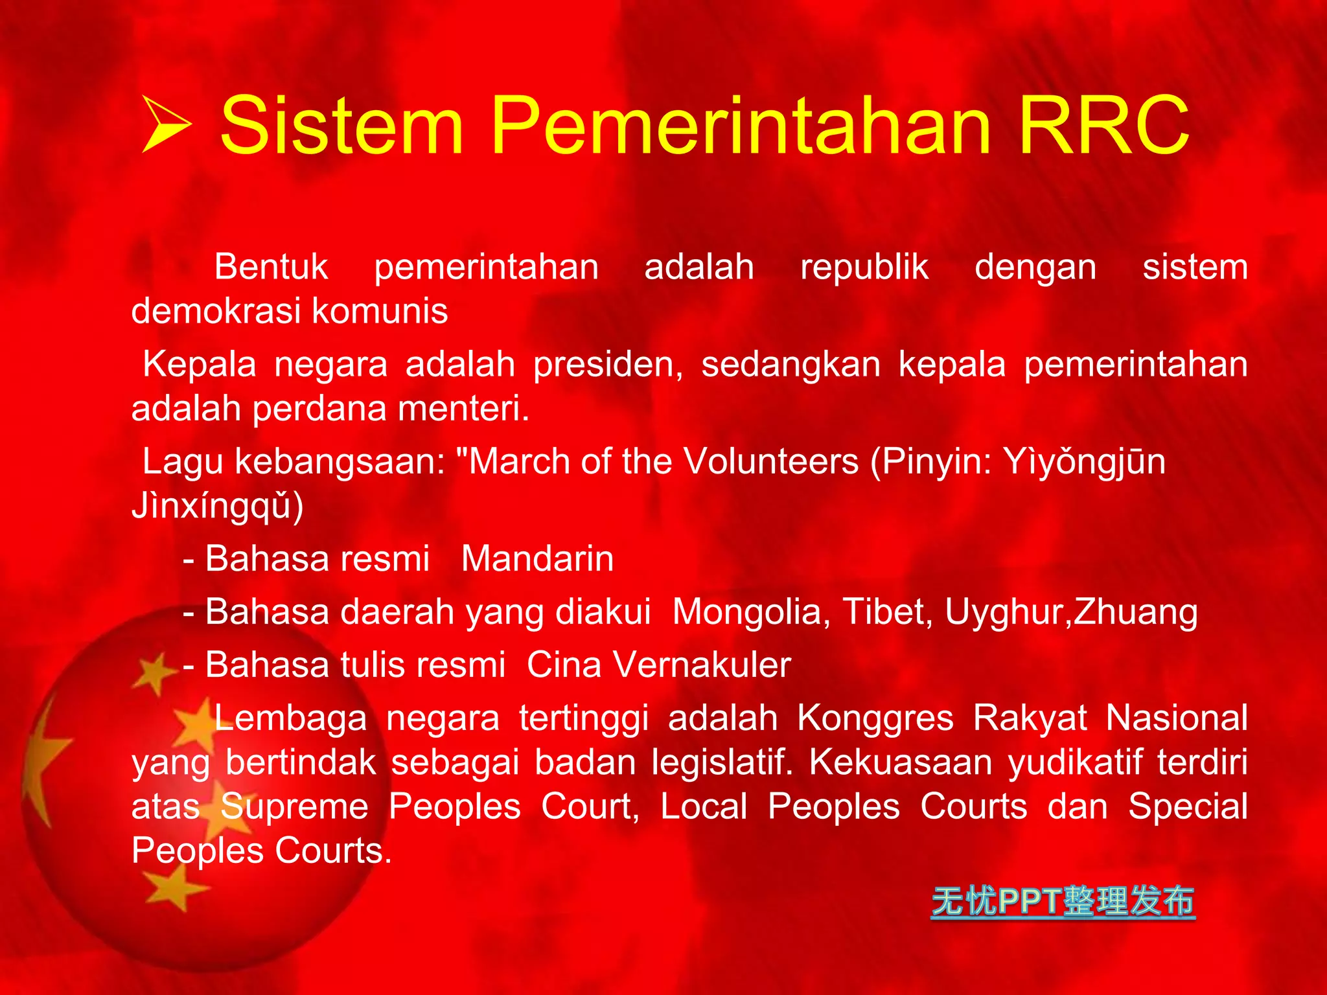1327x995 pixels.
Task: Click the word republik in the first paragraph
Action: click(x=864, y=268)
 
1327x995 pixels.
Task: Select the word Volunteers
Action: click(x=770, y=462)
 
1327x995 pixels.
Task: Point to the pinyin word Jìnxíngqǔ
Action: click(x=217, y=507)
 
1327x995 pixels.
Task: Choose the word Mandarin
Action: click(x=537, y=559)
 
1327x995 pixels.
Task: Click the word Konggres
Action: click(x=875, y=718)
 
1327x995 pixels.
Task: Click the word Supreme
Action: click(x=294, y=807)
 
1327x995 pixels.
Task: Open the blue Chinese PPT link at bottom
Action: click(x=1063, y=901)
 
